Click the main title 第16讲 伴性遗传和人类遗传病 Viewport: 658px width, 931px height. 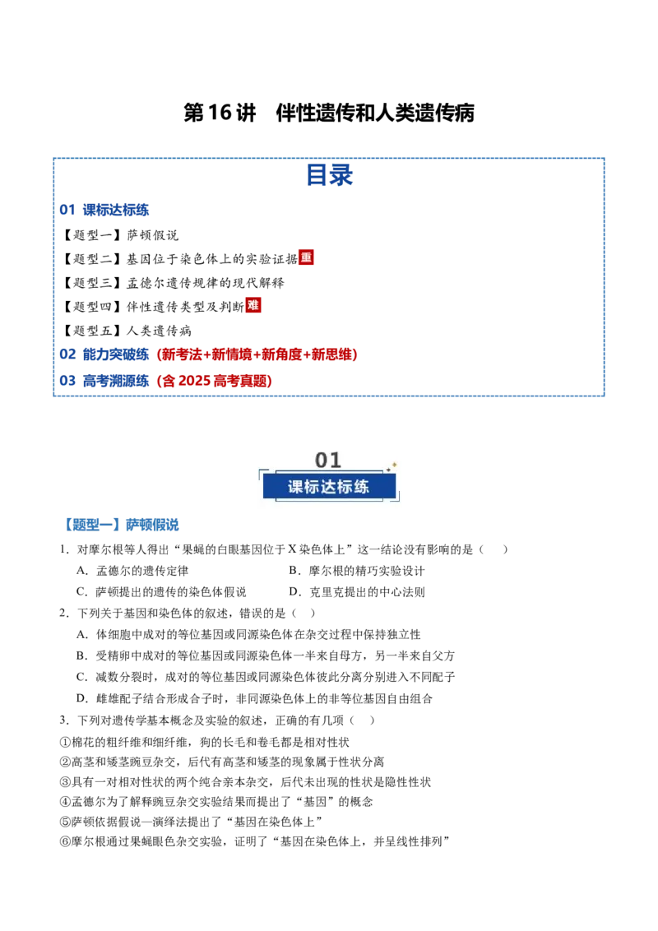pyautogui.click(x=329, y=113)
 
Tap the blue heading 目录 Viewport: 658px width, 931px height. pyautogui.click(x=329, y=175)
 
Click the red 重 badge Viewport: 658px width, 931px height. pyautogui.click(x=306, y=257)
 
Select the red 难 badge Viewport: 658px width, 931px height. pyautogui.click(x=253, y=305)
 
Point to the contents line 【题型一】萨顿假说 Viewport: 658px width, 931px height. pyautogui.click(x=120, y=235)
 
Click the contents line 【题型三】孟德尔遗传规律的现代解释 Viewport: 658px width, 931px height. pyautogui.click(x=173, y=283)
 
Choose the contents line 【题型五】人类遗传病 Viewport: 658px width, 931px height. pyautogui.click(x=127, y=331)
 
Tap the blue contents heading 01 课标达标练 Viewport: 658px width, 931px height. pyautogui.click(x=104, y=210)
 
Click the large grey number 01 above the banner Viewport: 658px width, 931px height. pyautogui.click(x=328, y=461)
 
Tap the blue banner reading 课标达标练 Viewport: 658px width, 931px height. pyautogui.click(x=329, y=487)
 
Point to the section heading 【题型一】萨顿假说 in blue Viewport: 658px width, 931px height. pyautogui.click(x=120, y=525)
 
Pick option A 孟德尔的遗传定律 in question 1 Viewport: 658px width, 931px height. pyautogui.click(x=132, y=571)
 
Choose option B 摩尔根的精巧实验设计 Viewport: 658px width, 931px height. pyautogui.click(x=357, y=571)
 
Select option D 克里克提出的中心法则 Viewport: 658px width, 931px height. pyautogui.click(x=357, y=592)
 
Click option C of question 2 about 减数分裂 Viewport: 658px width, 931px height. pyautogui.click(x=266, y=677)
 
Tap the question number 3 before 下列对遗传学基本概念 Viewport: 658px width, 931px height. pyautogui.click(x=64, y=720)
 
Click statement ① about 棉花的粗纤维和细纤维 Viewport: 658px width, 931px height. pyautogui.click(x=204, y=742)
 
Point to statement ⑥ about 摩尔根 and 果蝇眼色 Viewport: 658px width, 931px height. pyautogui.click(x=255, y=841)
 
